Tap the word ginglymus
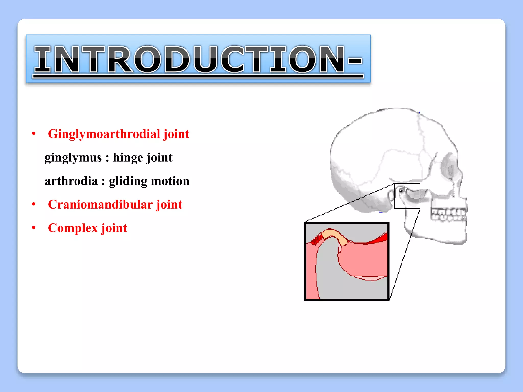point(73,157)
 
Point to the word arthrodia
point(71,181)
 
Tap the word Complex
point(73,228)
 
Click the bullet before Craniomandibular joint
point(34,204)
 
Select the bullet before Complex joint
point(34,228)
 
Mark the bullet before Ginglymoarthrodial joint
point(34,134)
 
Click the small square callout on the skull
point(407,196)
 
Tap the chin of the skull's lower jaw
point(460,239)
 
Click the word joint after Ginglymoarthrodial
point(176,134)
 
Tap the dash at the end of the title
point(355,61)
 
